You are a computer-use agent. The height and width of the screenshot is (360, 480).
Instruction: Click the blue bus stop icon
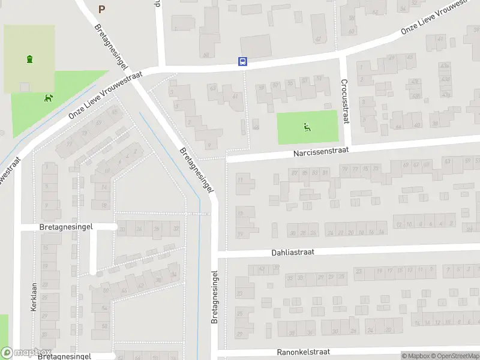(x=242, y=61)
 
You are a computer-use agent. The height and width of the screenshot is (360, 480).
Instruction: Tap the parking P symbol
(x=101, y=9)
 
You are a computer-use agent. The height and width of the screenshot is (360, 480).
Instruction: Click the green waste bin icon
(x=29, y=58)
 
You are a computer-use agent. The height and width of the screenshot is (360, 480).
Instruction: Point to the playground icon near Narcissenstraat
(x=307, y=127)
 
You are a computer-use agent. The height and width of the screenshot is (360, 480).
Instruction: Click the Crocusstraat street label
(x=344, y=101)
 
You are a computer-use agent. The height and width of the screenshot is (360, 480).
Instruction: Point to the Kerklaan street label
(x=34, y=296)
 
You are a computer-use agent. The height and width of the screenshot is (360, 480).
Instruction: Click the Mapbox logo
(x=26, y=353)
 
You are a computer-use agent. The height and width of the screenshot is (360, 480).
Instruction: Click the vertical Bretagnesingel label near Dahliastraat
(x=214, y=296)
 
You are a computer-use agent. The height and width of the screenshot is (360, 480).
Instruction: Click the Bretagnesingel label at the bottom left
(x=64, y=356)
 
